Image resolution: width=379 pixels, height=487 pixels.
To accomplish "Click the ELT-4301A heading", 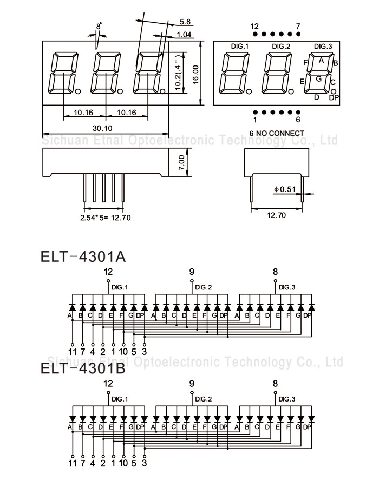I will pos(83,256).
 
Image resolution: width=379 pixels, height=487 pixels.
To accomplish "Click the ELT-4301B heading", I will pos(83,369).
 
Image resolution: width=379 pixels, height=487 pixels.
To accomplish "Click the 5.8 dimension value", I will pos(185,22).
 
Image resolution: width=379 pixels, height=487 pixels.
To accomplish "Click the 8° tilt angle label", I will pos(99,26).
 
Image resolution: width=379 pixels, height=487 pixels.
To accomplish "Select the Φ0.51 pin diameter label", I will pos(284,189).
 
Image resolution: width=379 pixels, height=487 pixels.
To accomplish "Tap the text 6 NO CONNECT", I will pos(276,133).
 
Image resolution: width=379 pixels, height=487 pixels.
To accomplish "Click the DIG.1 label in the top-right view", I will pos(239,46).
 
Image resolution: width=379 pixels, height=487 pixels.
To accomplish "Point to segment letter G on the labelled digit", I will pos(319,79).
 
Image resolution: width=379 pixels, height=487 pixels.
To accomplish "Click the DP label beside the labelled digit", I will pos(334,97).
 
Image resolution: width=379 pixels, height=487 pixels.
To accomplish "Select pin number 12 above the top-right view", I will pos(254,26).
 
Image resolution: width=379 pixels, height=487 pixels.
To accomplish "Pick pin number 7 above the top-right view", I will pos(298,26).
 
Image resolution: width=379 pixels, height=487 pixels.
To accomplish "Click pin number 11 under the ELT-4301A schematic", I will pos(72,351).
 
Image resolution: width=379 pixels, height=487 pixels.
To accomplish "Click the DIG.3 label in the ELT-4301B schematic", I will pos(287,399).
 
